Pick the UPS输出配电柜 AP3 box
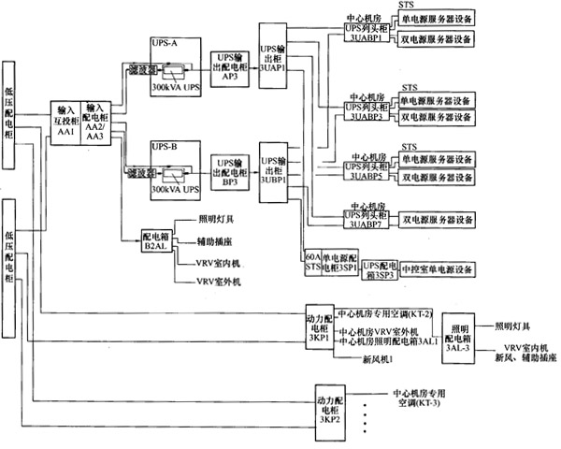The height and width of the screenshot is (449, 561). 230,67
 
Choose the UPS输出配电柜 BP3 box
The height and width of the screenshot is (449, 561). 230,168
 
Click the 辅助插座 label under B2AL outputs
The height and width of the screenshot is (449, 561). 217,240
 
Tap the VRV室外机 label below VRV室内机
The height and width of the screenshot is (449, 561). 219,279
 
